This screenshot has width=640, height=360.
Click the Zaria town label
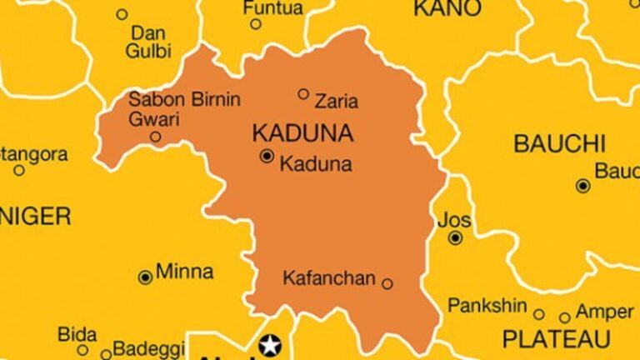pos(337,102)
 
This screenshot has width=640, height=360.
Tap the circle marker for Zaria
pos(303,93)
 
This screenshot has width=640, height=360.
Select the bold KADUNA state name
pos(302,133)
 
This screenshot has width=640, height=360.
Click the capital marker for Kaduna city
pos(267,156)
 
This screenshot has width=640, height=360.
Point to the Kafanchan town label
pos(330,278)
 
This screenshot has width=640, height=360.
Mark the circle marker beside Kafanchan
pos(387,284)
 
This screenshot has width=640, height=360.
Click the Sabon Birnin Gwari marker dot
pos(156,137)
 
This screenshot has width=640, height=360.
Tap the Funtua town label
pos(272,7)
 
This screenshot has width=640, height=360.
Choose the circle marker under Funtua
pos(256,23)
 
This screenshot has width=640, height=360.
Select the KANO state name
pos(447,8)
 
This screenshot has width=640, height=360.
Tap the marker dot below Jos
pos(455,238)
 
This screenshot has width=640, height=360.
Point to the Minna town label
pos(185,272)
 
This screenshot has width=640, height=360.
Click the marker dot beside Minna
pos(145,277)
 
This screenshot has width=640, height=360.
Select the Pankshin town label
pos(487,306)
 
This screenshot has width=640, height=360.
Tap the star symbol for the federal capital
pos(270,344)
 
